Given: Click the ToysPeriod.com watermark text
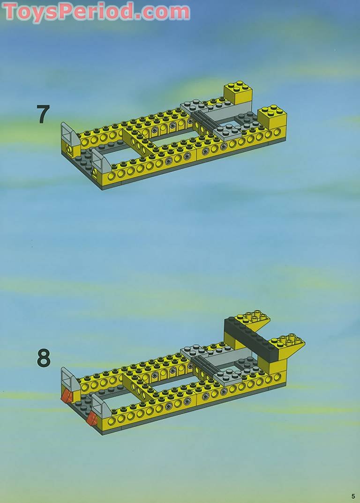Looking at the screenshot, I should coord(96,12).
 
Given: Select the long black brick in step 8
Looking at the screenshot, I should coord(248,333).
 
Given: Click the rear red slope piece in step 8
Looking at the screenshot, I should coord(67,396).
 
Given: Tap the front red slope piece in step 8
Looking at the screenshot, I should coord(92,418).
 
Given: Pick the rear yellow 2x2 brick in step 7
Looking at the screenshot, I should coord(238,93).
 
